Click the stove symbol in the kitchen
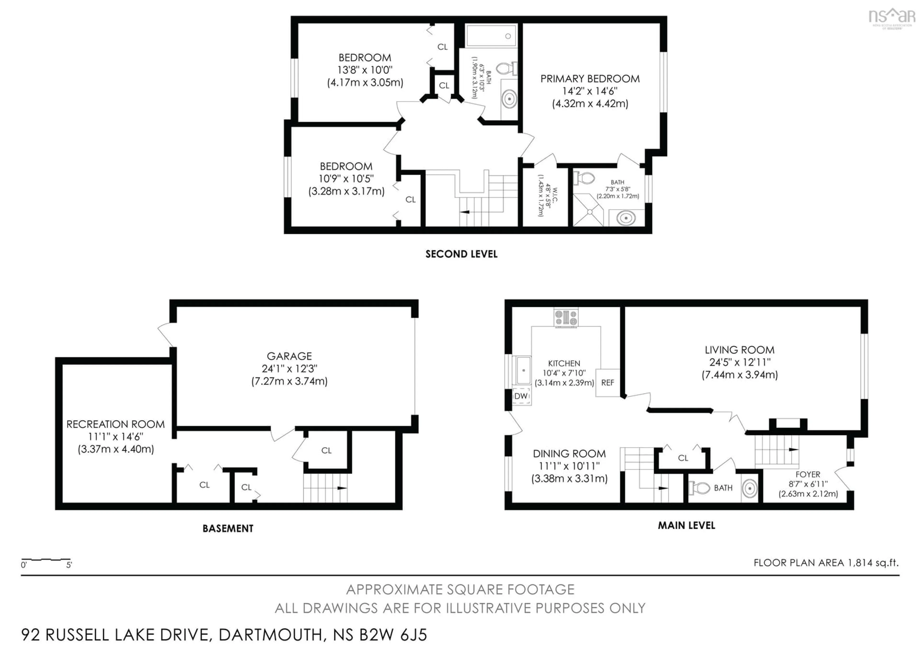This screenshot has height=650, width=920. (x=566, y=318)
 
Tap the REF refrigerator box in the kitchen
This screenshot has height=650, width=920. (x=607, y=383)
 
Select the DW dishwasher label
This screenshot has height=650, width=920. (x=521, y=396)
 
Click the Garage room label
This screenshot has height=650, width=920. (x=289, y=356)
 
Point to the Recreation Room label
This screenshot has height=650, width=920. (x=115, y=424)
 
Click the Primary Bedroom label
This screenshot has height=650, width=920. (x=590, y=79)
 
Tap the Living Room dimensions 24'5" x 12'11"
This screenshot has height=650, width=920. (x=740, y=362)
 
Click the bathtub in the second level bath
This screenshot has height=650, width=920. (x=491, y=36)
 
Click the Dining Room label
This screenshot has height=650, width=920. (x=569, y=454)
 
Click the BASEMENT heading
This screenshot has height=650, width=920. (x=228, y=529)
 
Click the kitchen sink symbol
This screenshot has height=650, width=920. (x=523, y=371)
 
